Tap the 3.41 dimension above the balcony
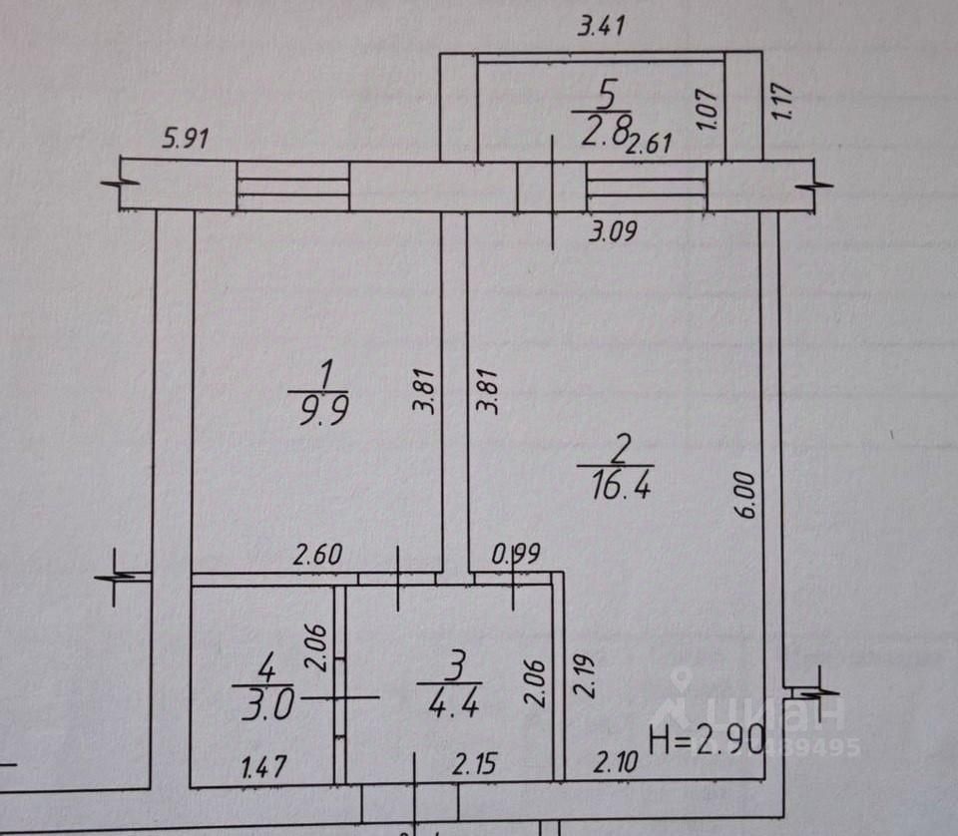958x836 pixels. [602, 28]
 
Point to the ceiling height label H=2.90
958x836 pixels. [707, 740]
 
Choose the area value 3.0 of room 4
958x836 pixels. [263, 706]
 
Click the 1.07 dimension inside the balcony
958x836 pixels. [708, 107]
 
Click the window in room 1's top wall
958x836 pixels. [292, 187]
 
